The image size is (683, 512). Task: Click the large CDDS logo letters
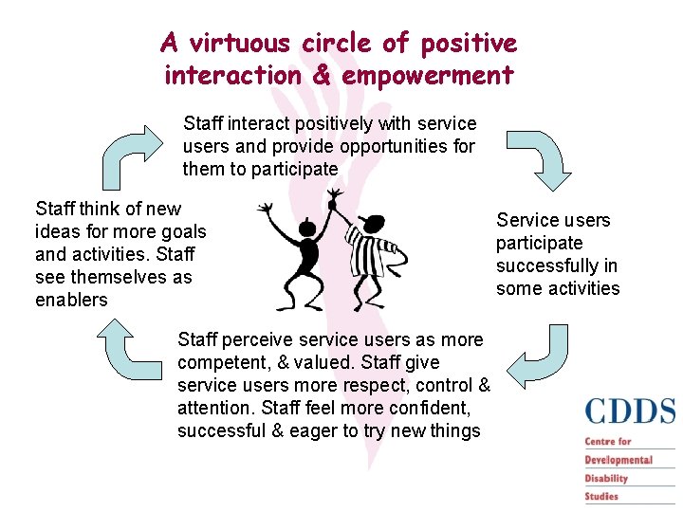pos(630,411)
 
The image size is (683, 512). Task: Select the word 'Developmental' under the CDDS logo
pos(618,460)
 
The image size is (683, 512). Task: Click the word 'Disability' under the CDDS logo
pos(607,478)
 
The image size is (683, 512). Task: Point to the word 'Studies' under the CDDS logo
pos(601,496)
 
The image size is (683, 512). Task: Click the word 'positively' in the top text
pos(333,123)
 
